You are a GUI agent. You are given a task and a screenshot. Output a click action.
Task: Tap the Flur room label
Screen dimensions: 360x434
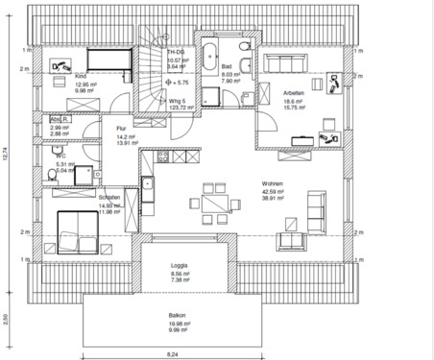coord(121,128)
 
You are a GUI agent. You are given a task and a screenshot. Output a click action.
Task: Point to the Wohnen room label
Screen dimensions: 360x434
coord(271,181)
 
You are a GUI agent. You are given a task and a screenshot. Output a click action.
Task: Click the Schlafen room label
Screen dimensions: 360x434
coord(108,197)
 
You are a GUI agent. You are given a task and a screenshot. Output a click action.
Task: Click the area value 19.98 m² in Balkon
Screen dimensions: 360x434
coord(180,324)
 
